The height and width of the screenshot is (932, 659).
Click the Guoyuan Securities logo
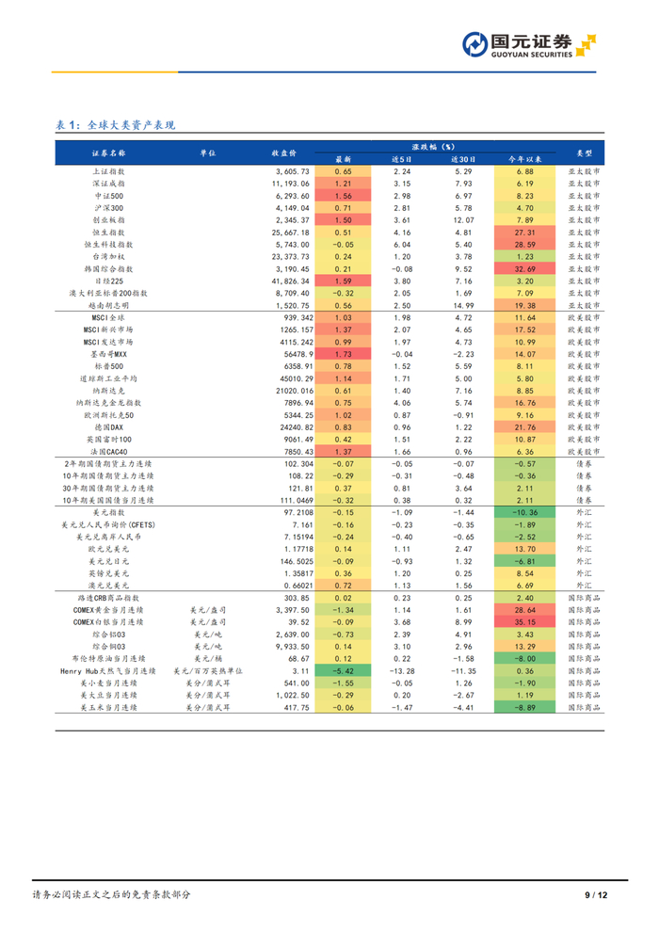(x=529, y=45)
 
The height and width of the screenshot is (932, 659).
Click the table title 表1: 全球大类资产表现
(x=115, y=125)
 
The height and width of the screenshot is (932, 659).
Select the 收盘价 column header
(x=284, y=153)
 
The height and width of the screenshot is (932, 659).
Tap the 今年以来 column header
(x=524, y=159)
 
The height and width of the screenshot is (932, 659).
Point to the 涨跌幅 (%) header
(x=433, y=147)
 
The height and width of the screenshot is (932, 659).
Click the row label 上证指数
(x=109, y=171)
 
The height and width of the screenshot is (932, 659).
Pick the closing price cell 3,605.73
(x=293, y=171)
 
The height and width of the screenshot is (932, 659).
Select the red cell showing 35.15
(x=524, y=622)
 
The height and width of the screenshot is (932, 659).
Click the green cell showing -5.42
(x=343, y=671)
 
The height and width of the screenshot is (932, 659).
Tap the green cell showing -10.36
(x=524, y=512)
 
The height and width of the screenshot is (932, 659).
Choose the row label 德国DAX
(x=109, y=427)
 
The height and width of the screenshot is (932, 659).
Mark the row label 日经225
(x=109, y=281)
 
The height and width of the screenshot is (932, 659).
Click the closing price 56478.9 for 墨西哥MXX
(x=298, y=354)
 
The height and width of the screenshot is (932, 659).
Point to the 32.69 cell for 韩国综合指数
(x=524, y=268)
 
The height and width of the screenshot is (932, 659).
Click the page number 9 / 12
(x=596, y=895)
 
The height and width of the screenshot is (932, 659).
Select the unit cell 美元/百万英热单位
(x=208, y=671)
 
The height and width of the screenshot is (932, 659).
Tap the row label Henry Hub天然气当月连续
(x=108, y=671)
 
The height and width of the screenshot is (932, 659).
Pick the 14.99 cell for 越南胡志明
(x=463, y=306)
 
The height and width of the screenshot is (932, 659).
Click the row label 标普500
(x=109, y=367)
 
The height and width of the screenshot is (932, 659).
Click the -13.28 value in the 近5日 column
(x=402, y=671)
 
